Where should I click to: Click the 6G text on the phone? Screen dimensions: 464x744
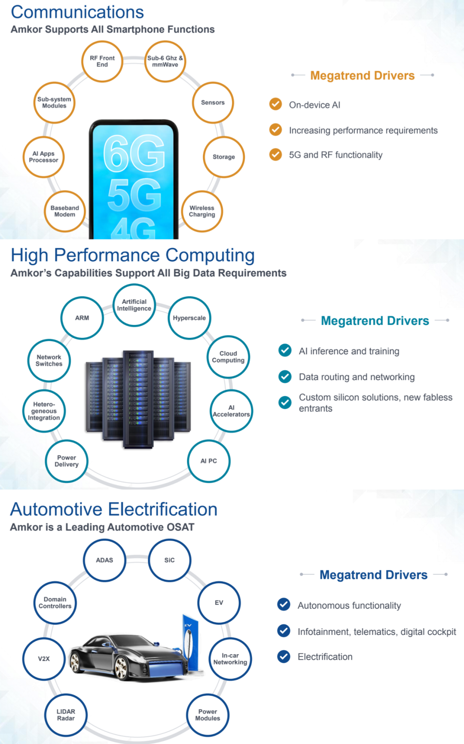[134, 153]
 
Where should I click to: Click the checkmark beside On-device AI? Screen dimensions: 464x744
[275, 104]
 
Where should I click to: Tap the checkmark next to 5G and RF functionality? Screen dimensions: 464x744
[275, 154]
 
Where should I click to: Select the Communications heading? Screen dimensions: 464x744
[77, 12]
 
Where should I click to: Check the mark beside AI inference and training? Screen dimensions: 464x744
[285, 351]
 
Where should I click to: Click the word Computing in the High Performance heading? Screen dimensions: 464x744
[210, 256]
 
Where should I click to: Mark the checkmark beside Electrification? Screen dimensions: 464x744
[284, 656]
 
